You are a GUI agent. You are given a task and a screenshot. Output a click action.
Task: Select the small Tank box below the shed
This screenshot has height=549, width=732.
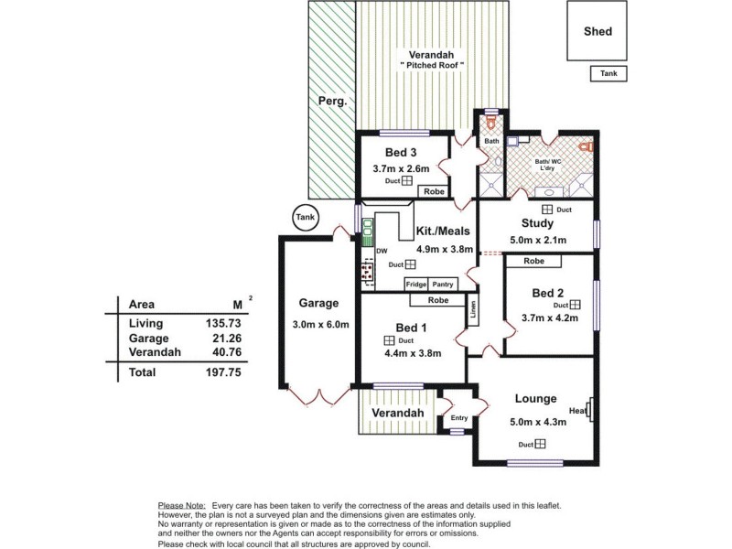[608, 74]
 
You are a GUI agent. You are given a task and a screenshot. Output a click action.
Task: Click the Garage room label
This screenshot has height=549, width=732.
[318, 303]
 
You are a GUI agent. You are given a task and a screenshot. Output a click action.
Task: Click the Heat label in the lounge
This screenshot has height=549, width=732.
[576, 411]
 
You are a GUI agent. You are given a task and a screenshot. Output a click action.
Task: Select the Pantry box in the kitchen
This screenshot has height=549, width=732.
[443, 285]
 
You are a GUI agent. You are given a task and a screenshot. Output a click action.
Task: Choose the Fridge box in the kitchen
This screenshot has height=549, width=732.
[416, 285]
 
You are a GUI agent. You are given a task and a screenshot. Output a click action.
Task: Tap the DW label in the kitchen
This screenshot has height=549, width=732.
[382, 250]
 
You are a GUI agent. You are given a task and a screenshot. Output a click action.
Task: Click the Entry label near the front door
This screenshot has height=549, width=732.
[459, 418]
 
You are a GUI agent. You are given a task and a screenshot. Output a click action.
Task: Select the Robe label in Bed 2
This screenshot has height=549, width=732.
[536, 262]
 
